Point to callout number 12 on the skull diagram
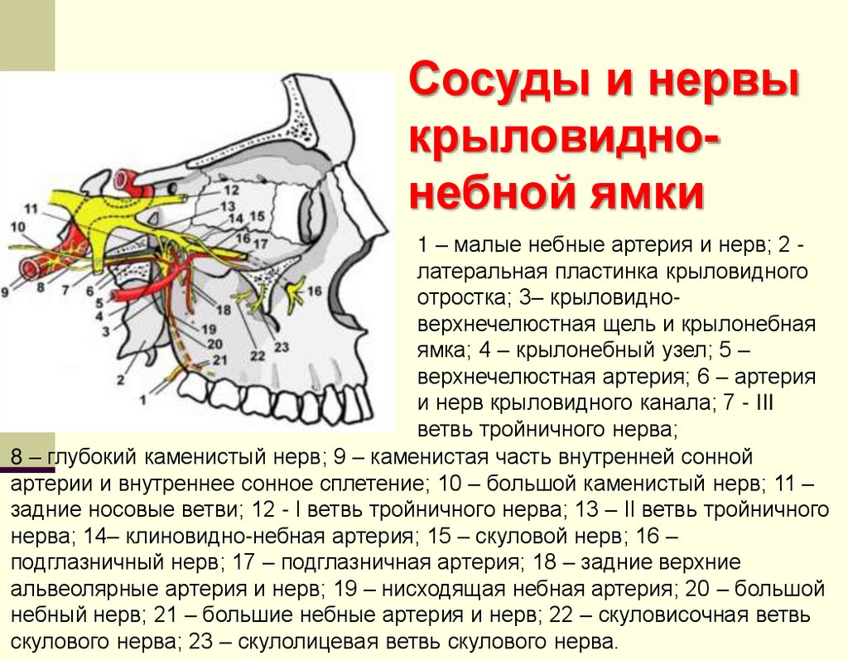pyautogui.click(x=229, y=190)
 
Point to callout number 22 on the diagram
pyautogui.click(x=257, y=355)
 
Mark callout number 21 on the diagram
pyautogui.click(x=219, y=360)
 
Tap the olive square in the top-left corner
pyautogui.click(x=27, y=35)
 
